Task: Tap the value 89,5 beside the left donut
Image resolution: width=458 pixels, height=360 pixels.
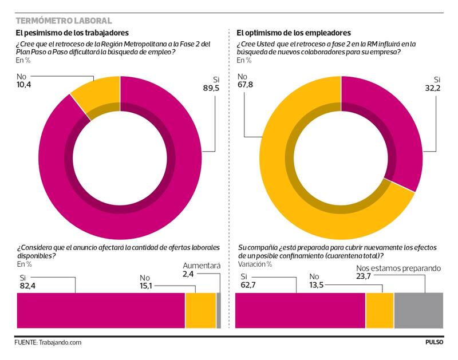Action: click(210, 88)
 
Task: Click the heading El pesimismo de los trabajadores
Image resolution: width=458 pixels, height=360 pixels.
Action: click(72, 34)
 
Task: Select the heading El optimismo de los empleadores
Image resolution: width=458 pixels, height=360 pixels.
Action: click(294, 34)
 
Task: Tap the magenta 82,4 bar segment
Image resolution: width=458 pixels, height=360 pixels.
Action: click(101, 310)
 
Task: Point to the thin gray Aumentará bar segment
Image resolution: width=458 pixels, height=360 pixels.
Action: click(218, 310)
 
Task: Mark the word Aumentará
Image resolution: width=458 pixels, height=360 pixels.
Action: click(201, 266)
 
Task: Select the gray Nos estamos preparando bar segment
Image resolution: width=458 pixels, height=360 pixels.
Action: click(418, 310)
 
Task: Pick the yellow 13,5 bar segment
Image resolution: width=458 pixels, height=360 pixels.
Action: click(380, 310)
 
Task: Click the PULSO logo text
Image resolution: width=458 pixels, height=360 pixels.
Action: click(434, 342)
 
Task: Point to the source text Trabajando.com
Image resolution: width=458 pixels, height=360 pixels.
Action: click(60, 342)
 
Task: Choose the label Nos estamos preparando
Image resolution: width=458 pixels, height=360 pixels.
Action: click(390, 267)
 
